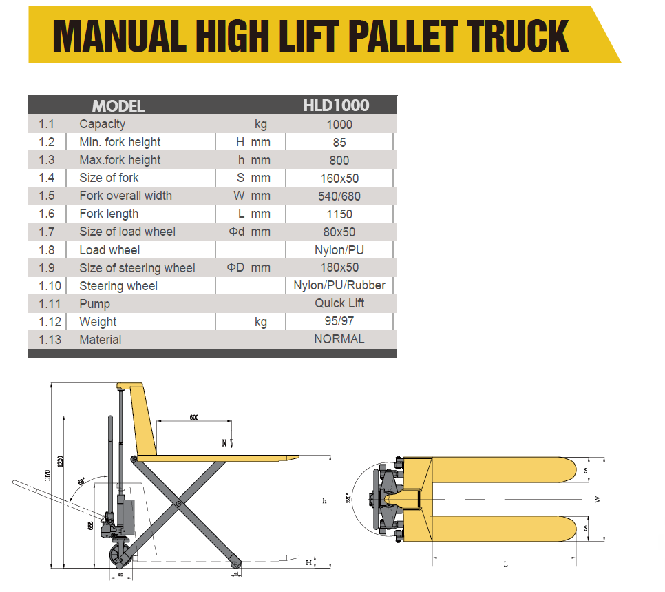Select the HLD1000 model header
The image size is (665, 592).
point(336,105)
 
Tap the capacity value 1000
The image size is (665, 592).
point(339,125)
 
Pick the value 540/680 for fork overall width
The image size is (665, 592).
point(339,196)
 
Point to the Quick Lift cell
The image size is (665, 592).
point(339,303)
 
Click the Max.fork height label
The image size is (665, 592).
point(120,160)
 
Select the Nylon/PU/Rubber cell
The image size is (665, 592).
point(339,285)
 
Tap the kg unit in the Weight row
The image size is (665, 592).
point(260,322)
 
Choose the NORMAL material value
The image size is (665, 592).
point(339,339)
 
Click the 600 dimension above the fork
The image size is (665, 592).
point(193,418)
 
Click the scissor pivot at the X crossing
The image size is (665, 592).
point(178,505)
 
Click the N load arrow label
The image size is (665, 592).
point(224,442)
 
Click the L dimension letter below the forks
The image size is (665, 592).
point(506,564)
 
